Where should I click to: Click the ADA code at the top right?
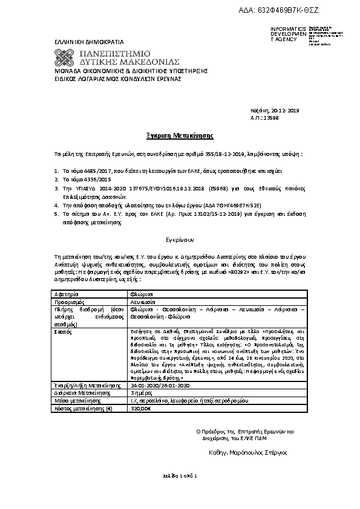coord(296,11)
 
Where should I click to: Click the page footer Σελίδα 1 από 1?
coord(180,477)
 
